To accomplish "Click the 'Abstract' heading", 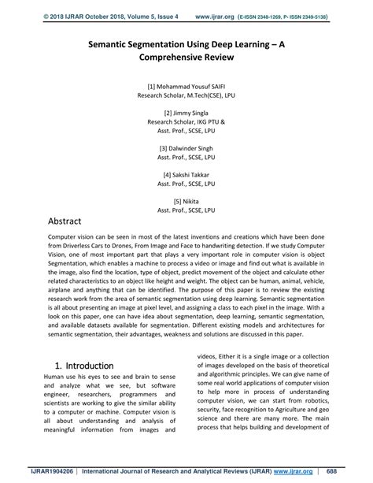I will [x=73, y=223].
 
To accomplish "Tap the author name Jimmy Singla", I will [x=192, y=113].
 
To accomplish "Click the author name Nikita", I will [x=192, y=202].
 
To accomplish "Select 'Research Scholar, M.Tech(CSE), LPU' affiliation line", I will [x=186, y=94].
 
